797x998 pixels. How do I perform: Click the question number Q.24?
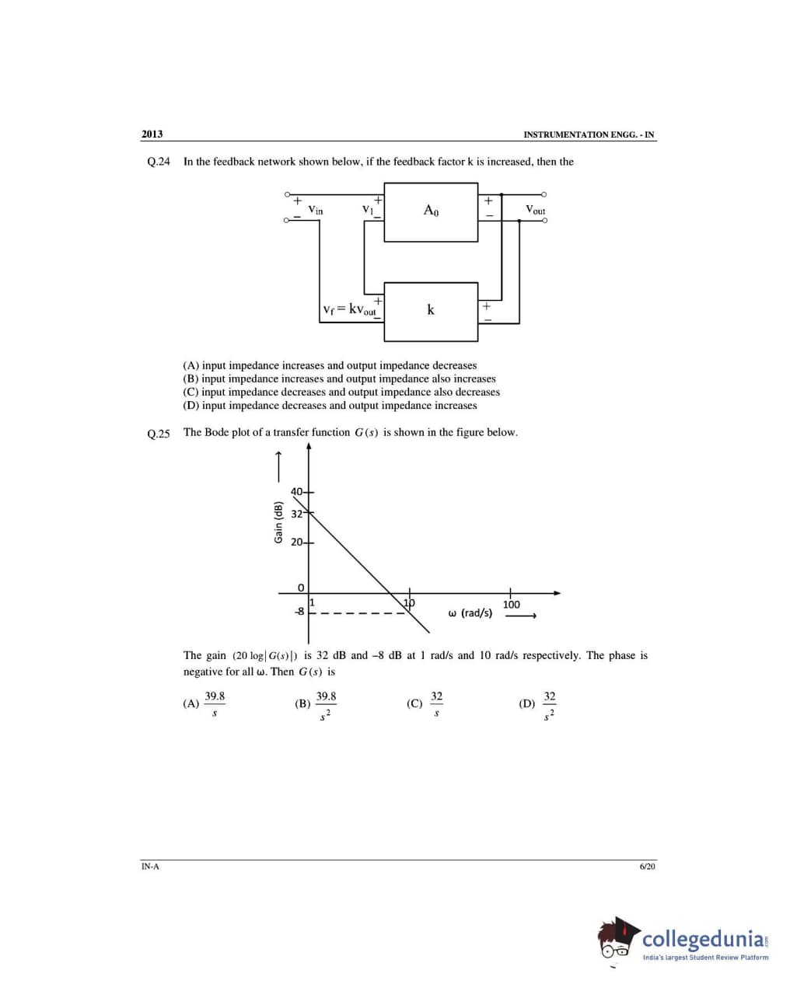point(158,162)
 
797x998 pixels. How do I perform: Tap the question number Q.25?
point(158,433)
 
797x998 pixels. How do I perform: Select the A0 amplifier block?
point(431,211)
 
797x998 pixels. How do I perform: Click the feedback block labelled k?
point(431,311)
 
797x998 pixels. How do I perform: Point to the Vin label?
point(316,210)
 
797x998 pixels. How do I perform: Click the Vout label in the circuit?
point(535,210)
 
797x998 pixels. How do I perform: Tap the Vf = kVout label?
point(349,309)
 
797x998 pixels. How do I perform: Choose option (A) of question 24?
point(330,365)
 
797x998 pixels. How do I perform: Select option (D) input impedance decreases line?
point(330,406)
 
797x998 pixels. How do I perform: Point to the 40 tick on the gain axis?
point(298,491)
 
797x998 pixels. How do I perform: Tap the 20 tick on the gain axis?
point(298,543)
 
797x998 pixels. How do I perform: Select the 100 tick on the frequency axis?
point(511,604)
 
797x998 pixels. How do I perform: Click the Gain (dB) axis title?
point(278,522)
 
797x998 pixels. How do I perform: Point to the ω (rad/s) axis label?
point(470,613)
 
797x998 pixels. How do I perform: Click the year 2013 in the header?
point(152,134)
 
